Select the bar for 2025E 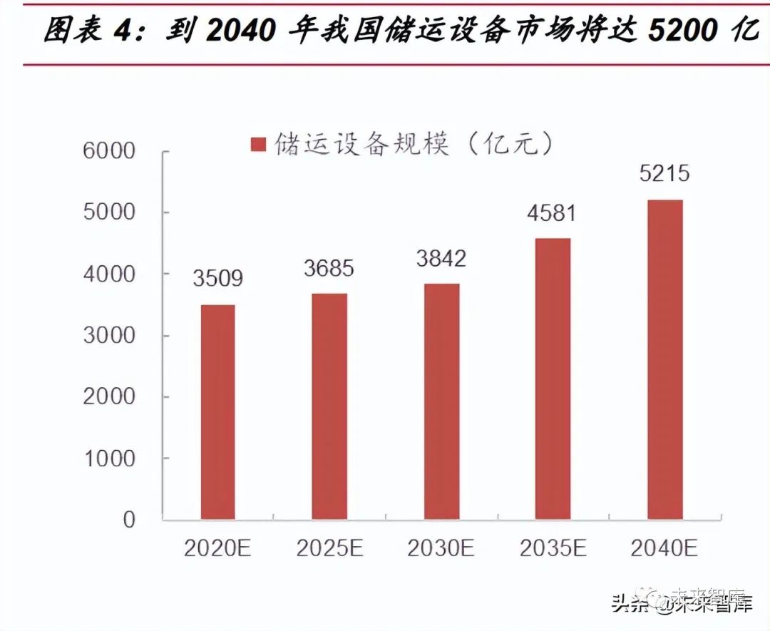pyautogui.click(x=329, y=406)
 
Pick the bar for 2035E pyautogui.click(x=553, y=379)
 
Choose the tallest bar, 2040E pyautogui.click(x=664, y=359)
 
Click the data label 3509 pyautogui.click(x=217, y=278)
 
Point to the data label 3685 pyautogui.click(x=329, y=268)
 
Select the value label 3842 pyautogui.click(x=441, y=258)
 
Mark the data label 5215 pyautogui.click(x=664, y=174)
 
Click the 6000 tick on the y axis pyautogui.click(x=109, y=151)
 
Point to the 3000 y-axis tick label pyautogui.click(x=109, y=335)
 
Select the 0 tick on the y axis pyautogui.click(x=128, y=520)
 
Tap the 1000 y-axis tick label pyautogui.click(x=109, y=458)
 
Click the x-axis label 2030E pyautogui.click(x=441, y=548)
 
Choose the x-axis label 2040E pyautogui.click(x=664, y=548)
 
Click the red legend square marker pyautogui.click(x=258, y=145)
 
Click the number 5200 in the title pyautogui.click(x=682, y=31)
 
